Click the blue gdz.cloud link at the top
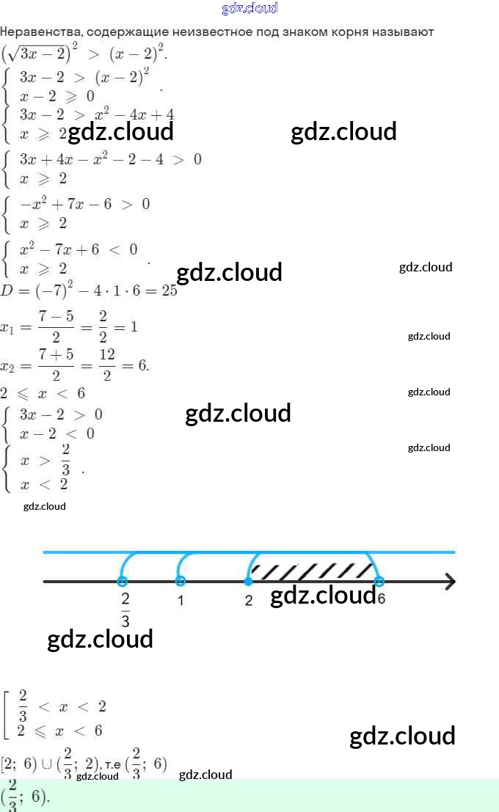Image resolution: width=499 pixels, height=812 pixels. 249,9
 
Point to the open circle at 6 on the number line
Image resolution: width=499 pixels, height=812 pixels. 379,582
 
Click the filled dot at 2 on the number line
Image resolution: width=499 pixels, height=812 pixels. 249,582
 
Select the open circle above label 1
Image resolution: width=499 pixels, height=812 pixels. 181,582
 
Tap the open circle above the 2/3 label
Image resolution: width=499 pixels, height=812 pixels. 122,582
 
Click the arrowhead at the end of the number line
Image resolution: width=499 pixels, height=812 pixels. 449,582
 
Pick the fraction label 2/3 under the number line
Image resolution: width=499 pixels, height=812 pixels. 125,610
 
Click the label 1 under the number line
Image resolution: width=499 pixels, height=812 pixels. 180,600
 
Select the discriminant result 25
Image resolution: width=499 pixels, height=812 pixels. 170,290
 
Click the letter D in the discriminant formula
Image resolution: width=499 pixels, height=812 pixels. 7,290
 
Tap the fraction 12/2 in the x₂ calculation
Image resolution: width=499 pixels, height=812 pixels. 106,365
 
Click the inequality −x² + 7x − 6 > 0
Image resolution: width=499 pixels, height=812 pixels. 84,204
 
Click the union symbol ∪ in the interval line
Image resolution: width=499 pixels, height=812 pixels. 47,764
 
